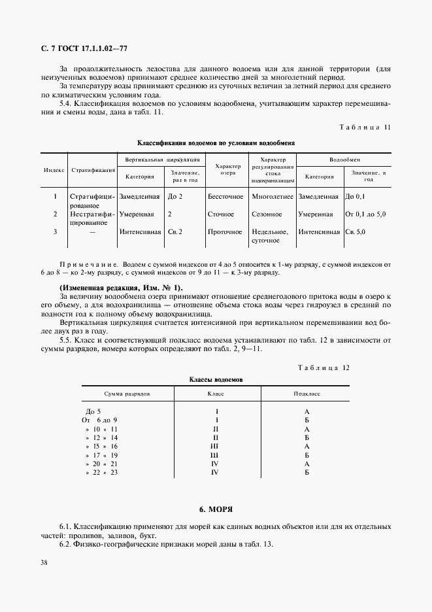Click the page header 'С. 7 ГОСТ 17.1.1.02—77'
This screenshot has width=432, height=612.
point(84,49)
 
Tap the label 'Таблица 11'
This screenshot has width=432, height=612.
point(366,127)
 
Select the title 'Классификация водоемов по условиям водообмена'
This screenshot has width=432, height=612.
point(216,142)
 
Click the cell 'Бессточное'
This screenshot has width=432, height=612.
point(225,196)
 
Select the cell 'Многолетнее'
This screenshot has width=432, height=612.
point(272,196)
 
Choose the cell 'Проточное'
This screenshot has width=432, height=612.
point(225,231)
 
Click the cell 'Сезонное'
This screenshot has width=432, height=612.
point(267,214)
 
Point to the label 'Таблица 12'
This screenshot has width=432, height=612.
point(324,367)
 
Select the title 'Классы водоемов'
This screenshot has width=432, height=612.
point(216,379)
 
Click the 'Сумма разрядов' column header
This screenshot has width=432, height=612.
point(127,395)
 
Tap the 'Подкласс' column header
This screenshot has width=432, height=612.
point(307,395)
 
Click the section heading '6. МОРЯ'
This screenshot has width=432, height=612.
point(216,508)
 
